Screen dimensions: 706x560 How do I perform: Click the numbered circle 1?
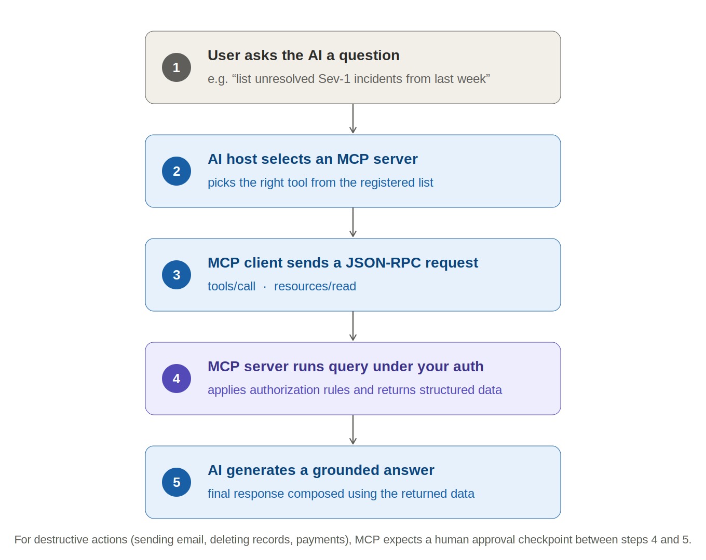pos(176,67)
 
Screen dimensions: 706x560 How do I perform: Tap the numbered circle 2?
pos(176,171)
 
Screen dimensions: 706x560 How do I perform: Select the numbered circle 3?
pos(176,275)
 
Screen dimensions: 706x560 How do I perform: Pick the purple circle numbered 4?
pos(176,379)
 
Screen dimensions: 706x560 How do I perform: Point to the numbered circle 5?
pos(176,482)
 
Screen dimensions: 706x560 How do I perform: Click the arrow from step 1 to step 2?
pos(352,119)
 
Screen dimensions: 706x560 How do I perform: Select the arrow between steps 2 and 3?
pos(352,222)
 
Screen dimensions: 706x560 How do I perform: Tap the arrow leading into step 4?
pos(352,326)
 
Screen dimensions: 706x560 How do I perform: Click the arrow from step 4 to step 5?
pos(352,429)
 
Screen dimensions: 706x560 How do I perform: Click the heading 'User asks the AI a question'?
pos(304,55)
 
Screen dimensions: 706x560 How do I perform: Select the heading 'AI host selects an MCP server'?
pos(313,159)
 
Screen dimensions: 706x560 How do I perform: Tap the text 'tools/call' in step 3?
pos(232,286)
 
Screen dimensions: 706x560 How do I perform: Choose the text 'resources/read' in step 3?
pos(315,286)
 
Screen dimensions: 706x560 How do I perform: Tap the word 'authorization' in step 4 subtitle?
pos(285,390)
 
